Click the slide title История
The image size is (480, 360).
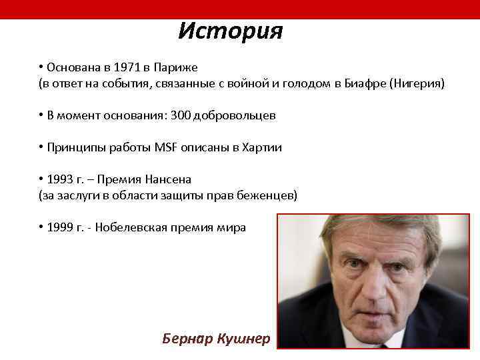[231, 31]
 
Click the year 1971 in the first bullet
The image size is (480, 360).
[127, 68]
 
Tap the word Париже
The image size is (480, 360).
[175, 68]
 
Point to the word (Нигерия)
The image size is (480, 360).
[417, 84]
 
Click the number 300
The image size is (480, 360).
[181, 115]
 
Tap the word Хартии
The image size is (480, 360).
[262, 147]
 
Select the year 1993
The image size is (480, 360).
[59, 179]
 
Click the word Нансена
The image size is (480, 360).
[171, 179]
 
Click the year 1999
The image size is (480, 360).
[59, 227]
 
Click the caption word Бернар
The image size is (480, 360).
[187, 339]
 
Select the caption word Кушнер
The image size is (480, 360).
[243, 339]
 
